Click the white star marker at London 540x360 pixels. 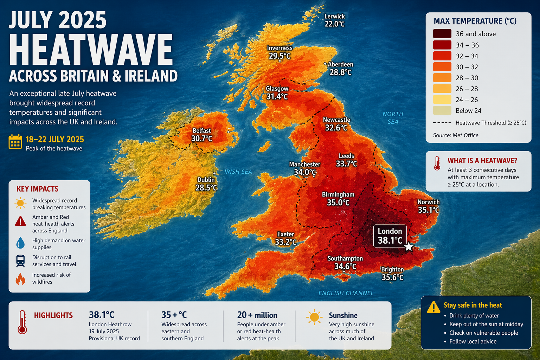click(x=408, y=247)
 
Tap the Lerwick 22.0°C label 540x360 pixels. click(x=334, y=20)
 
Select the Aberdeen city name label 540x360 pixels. click(x=340, y=64)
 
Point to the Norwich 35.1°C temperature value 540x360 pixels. click(x=428, y=210)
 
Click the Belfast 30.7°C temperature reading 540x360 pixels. click(x=201, y=139)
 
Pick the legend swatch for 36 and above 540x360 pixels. click(x=442, y=34)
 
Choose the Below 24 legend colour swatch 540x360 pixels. click(x=442, y=110)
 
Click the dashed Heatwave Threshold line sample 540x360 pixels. click(x=442, y=123)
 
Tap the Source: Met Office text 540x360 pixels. click(x=455, y=135)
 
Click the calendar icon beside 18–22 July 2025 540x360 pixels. click(x=15, y=142)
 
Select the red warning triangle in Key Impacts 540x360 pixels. click(x=20, y=221)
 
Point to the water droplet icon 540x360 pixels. click(x=20, y=243)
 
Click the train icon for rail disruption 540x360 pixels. click(x=20, y=261)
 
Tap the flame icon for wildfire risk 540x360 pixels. click(x=20, y=279)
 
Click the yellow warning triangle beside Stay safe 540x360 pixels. click(x=433, y=307)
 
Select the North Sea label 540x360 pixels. click(x=393, y=118)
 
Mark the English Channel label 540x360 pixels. click(x=346, y=293)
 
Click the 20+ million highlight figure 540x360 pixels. click(x=257, y=315)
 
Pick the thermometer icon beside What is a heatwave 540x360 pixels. click(x=437, y=163)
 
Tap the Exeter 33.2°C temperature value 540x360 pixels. click(x=285, y=242)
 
